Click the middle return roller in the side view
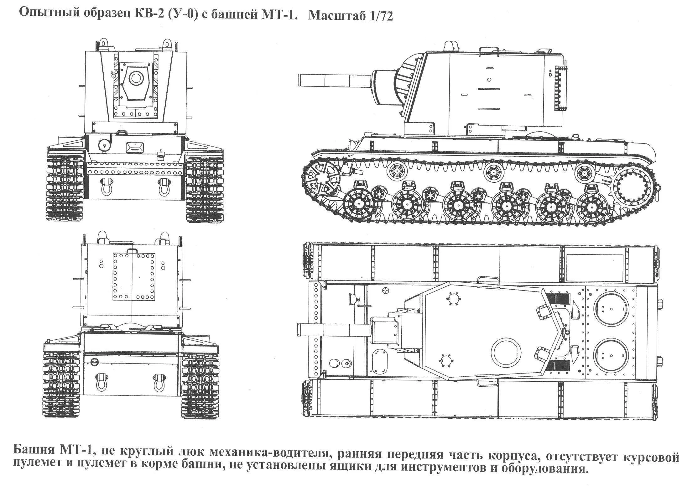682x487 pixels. (493, 172)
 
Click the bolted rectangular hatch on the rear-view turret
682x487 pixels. (134, 277)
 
